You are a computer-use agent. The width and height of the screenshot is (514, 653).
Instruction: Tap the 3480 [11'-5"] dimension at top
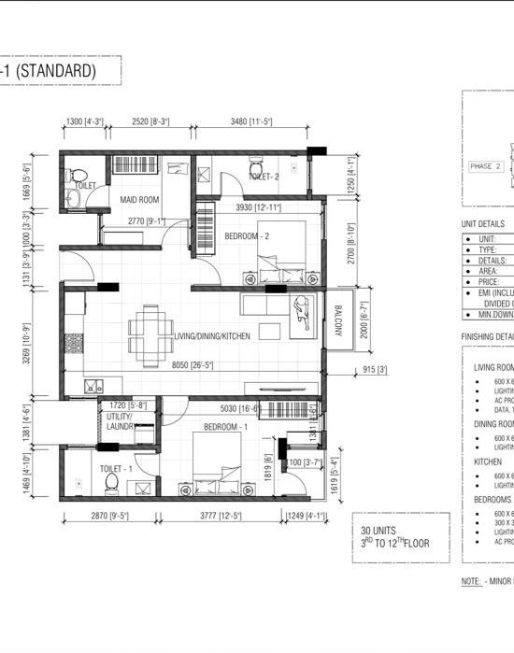pyautogui.click(x=252, y=121)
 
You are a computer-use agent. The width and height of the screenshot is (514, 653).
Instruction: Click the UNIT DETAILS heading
pyautogui.click(x=483, y=224)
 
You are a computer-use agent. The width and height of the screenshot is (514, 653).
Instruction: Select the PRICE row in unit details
pyautogui.click(x=489, y=280)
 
